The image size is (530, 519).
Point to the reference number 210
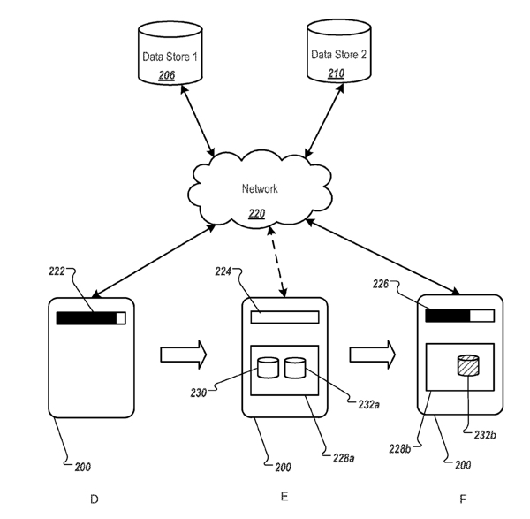click(x=337, y=73)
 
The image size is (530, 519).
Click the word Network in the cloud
click(x=261, y=188)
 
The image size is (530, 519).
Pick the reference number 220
click(x=258, y=212)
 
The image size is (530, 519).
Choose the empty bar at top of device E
click(x=284, y=316)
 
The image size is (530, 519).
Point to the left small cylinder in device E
click(x=268, y=365)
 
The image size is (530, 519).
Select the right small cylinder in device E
click(x=295, y=365)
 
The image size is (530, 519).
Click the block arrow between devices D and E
click(x=183, y=355)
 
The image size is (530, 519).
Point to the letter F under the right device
click(x=462, y=500)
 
